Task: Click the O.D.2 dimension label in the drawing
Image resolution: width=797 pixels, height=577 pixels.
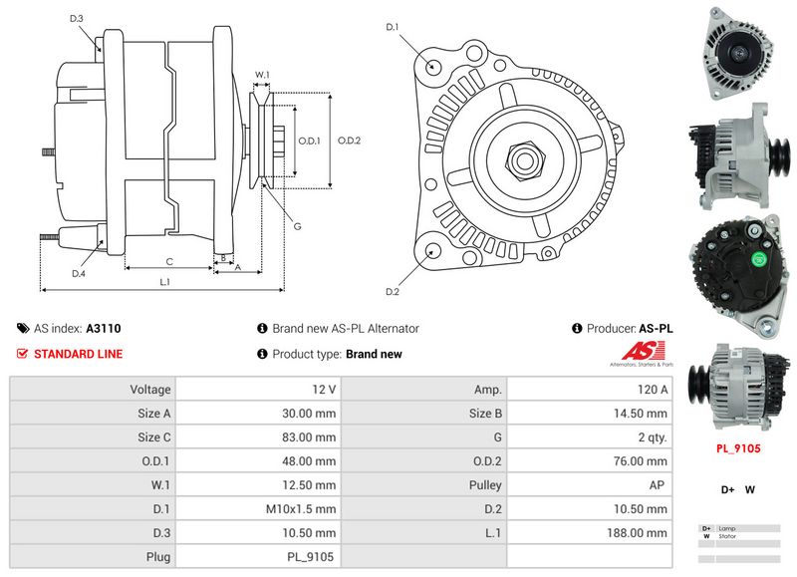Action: [349, 141]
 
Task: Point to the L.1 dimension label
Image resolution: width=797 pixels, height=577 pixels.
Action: [164, 282]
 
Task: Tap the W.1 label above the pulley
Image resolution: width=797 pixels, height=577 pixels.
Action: [262, 75]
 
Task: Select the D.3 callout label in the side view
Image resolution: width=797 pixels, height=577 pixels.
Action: [77, 19]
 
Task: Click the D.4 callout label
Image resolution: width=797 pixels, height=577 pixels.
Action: [78, 272]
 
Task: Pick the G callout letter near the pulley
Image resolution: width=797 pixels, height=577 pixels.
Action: [297, 226]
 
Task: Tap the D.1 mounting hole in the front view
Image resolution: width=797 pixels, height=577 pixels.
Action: [434, 66]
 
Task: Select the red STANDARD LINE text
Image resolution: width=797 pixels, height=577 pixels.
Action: [79, 354]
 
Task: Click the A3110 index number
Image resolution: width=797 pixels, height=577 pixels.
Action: [104, 328]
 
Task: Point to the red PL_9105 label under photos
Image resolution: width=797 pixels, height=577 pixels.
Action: [738, 448]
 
